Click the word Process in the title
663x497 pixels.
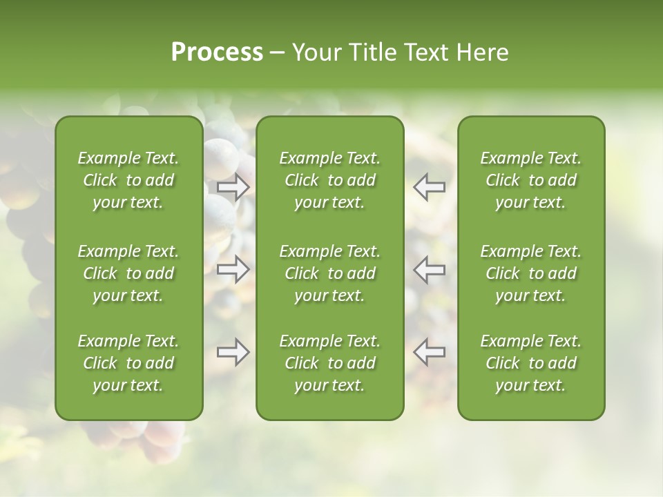(x=217, y=52)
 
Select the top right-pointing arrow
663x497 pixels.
(x=233, y=187)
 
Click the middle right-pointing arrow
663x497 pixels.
(x=233, y=269)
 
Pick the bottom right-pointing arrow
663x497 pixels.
(x=233, y=352)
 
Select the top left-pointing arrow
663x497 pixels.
(x=430, y=187)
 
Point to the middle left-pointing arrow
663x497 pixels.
(x=430, y=269)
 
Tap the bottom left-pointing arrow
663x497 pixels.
(x=430, y=352)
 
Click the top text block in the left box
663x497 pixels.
(x=128, y=180)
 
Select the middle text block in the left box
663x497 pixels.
(x=128, y=273)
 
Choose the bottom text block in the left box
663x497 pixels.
(x=128, y=363)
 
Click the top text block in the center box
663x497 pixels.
(x=330, y=180)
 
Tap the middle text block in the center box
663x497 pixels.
(x=330, y=273)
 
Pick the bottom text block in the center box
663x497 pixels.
(x=330, y=363)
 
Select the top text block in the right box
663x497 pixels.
(x=531, y=180)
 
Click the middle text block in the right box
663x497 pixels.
(x=531, y=273)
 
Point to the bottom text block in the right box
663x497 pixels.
(x=531, y=363)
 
